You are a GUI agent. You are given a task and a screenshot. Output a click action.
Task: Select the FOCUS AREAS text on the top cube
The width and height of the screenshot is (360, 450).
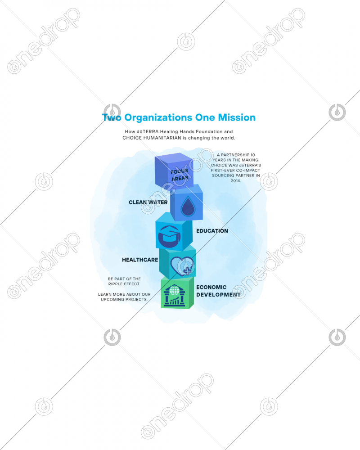point(180,175)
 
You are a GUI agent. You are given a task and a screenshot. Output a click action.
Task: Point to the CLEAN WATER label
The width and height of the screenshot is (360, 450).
point(148,202)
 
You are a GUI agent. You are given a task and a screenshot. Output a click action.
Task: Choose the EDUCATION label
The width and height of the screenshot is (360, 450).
point(212,231)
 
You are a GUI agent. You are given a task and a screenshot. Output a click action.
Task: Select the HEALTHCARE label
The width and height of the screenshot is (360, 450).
point(140,260)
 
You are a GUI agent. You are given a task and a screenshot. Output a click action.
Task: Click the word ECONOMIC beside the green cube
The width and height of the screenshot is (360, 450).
point(211,287)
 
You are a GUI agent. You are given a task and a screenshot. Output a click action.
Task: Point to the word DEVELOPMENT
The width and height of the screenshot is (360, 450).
point(218,295)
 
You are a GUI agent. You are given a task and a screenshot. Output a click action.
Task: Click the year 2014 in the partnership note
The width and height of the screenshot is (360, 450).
point(236,181)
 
